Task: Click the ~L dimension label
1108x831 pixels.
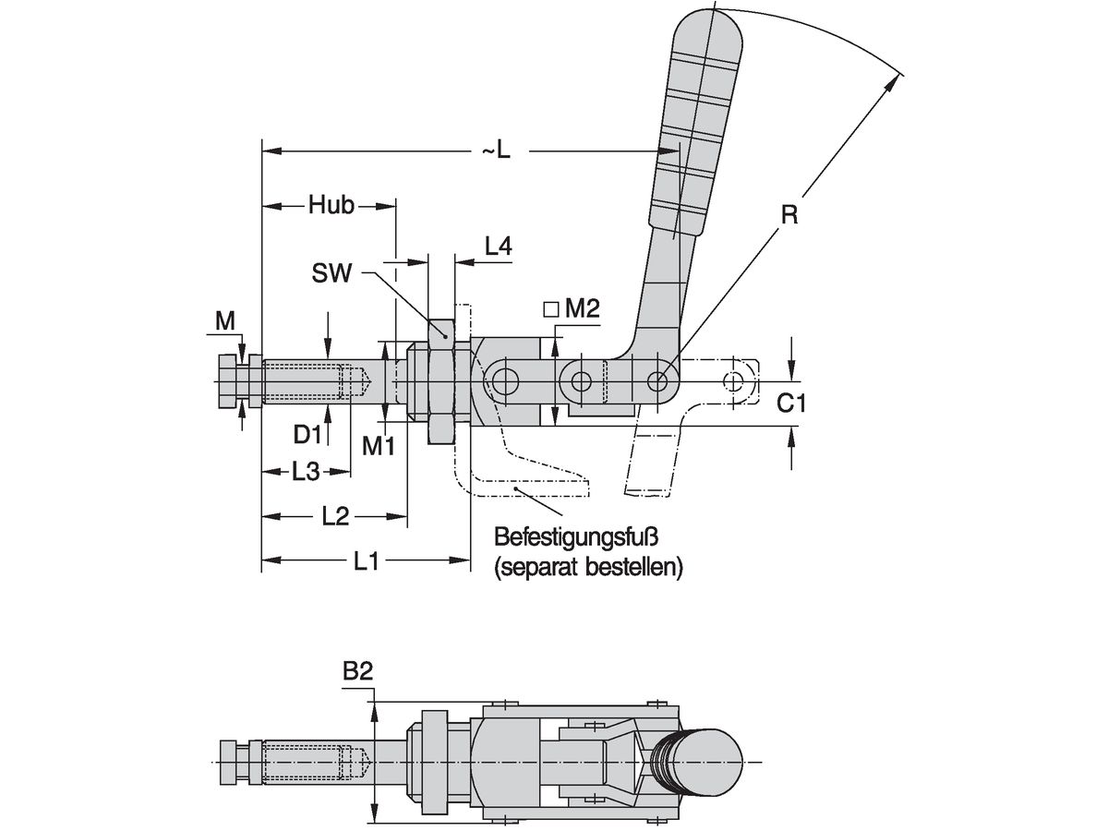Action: tap(495, 151)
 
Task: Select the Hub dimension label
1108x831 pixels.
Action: tap(331, 206)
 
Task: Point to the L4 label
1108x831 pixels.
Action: tap(499, 246)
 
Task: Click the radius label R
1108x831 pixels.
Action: tap(789, 216)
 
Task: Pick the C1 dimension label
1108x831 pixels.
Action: tap(790, 403)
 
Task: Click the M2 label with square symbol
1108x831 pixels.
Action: tap(572, 310)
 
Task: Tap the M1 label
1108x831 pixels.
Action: tap(378, 446)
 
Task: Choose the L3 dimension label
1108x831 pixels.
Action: tap(306, 472)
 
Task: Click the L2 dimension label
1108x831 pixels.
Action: tap(334, 516)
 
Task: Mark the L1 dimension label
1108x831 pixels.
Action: tap(367, 560)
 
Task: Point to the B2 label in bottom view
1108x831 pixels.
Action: tap(357, 674)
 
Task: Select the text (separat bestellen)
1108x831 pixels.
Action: tap(589, 566)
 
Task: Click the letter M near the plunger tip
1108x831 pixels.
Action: tap(224, 320)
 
